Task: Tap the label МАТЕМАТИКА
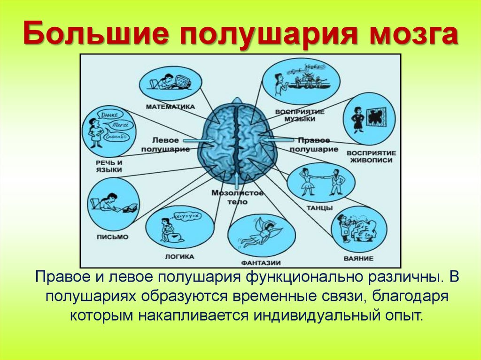pyautogui.click(x=170, y=107)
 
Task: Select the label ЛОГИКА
pyautogui.click(x=179, y=257)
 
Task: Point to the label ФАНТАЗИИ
pyautogui.click(x=261, y=262)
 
